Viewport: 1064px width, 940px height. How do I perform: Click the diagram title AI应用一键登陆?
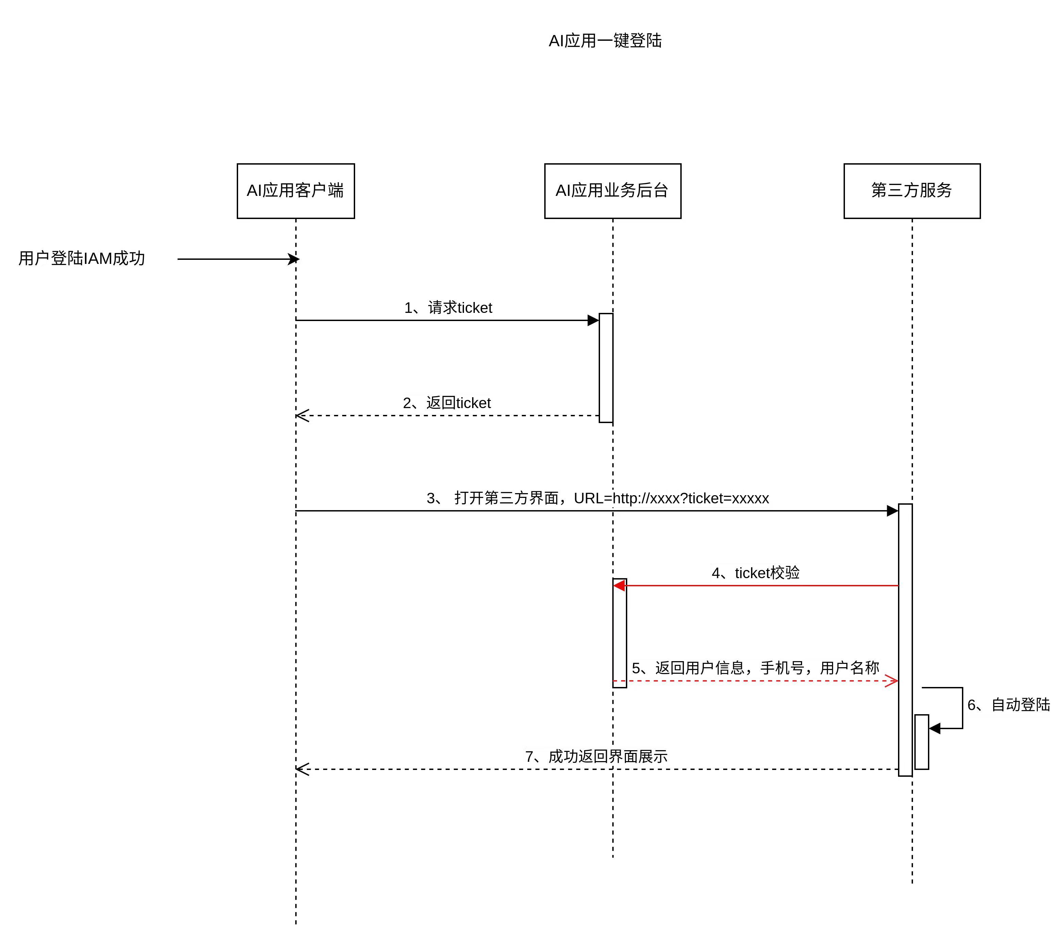pyautogui.click(x=605, y=40)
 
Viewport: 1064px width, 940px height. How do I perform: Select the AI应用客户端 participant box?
pyautogui.click(x=296, y=191)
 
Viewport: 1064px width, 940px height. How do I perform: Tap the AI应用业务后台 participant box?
pyautogui.click(x=612, y=191)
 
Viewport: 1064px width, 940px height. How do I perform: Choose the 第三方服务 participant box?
pyautogui.click(x=912, y=191)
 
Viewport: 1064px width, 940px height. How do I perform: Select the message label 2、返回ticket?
pyautogui.click(x=447, y=403)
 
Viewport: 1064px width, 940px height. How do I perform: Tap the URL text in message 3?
pyautogui.click(x=671, y=499)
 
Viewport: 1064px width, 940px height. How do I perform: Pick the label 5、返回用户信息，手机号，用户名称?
pyautogui.click(x=755, y=668)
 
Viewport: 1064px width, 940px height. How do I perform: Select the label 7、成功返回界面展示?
pyautogui.click(x=596, y=757)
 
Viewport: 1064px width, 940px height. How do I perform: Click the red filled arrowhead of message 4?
pyautogui.click(x=619, y=586)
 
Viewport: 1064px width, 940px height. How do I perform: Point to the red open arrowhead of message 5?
pyautogui.click(x=892, y=681)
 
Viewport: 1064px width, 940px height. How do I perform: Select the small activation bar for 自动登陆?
pyautogui.click(x=921, y=742)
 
